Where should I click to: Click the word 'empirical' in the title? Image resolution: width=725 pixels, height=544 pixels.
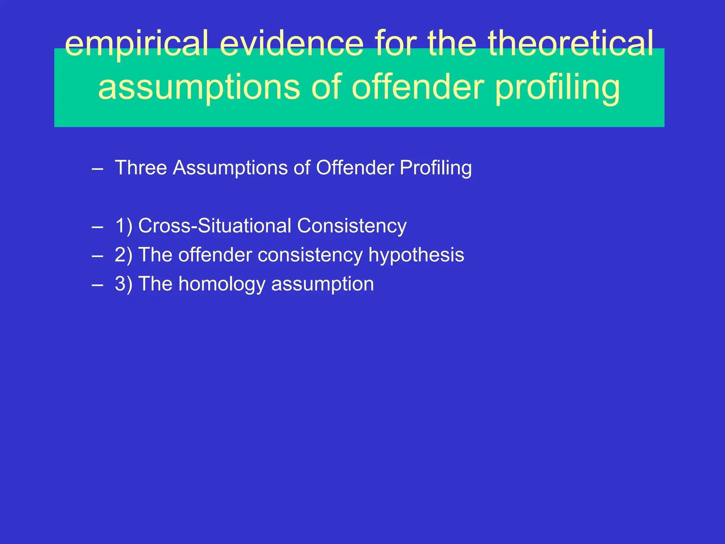pyautogui.click(x=136, y=44)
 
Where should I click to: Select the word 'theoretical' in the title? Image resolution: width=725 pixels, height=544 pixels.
pyautogui.click(x=571, y=44)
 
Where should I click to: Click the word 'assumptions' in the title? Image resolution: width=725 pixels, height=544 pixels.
pyautogui.click(x=199, y=88)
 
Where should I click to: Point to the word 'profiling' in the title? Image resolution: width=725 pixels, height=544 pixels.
pyautogui.click(x=557, y=88)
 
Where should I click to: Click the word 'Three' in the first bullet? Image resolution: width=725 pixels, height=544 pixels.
pyautogui.click(x=141, y=168)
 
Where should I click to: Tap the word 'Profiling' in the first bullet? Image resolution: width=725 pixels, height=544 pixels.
pyautogui.click(x=435, y=168)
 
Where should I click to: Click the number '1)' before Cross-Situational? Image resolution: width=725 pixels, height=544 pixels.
pyautogui.click(x=124, y=226)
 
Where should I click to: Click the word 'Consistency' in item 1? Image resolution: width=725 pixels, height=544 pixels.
pyautogui.click(x=352, y=226)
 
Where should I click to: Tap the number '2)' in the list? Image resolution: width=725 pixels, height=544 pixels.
pyautogui.click(x=124, y=255)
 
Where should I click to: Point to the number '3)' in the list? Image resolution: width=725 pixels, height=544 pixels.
pyautogui.click(x=124, y=284)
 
